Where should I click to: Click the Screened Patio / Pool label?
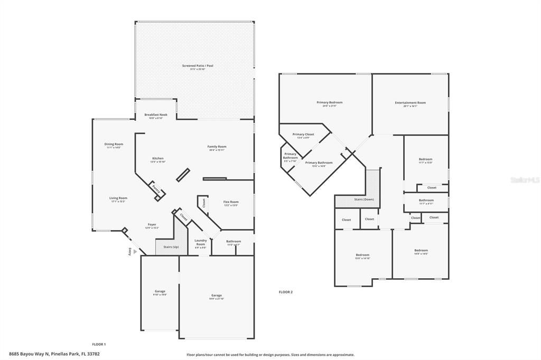pos(198,65)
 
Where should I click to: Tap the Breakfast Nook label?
pos(156,115)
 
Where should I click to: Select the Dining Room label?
pos(114,144)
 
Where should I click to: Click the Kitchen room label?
pos(158,158)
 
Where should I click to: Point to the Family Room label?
pos(217,146)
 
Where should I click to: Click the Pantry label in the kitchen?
pos(155,188)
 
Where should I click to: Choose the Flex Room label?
pos(231,202)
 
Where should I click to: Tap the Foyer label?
pos(152,224)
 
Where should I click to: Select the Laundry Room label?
pos(200,242)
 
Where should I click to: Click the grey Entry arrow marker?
pos(135,252)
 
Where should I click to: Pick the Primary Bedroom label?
pos(330,102)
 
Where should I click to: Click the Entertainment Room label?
pos(410,102)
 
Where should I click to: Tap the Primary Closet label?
pos(303,134)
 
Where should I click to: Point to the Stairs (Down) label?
pos(363,200)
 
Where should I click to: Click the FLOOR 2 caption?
pos(285,292)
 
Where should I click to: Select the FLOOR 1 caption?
pos(99,344)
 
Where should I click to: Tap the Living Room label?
pos(118,198)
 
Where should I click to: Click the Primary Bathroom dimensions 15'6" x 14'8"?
pos(319,166)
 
